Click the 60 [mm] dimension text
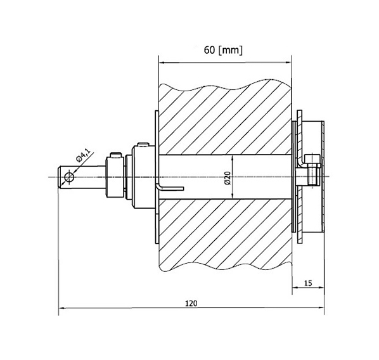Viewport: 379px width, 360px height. (223, 50)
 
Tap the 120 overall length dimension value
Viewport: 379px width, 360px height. (191, 303)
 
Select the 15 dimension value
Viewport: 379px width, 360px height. (308, 283)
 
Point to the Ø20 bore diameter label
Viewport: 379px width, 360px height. (228, 178)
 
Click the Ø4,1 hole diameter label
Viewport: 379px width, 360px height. (83, 155)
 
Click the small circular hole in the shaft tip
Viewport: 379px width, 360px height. (69, 177)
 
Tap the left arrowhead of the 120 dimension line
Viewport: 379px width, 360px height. (61, 308)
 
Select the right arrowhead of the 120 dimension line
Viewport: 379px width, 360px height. (321, 308)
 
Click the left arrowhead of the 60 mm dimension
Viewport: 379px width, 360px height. (162, 63)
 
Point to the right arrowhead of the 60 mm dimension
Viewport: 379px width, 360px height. (288, 63)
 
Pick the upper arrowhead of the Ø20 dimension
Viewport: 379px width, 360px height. (233, 158)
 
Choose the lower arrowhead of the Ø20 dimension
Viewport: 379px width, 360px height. (233, 196)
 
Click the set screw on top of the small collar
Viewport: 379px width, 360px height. (116, 155)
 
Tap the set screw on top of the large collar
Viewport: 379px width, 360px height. (143, 145)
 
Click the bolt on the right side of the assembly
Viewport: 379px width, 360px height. (314, 170)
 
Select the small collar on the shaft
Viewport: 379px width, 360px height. (115, 177)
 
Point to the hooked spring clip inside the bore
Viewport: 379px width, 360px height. (169, 187)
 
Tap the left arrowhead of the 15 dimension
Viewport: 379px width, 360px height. (295, 288)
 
